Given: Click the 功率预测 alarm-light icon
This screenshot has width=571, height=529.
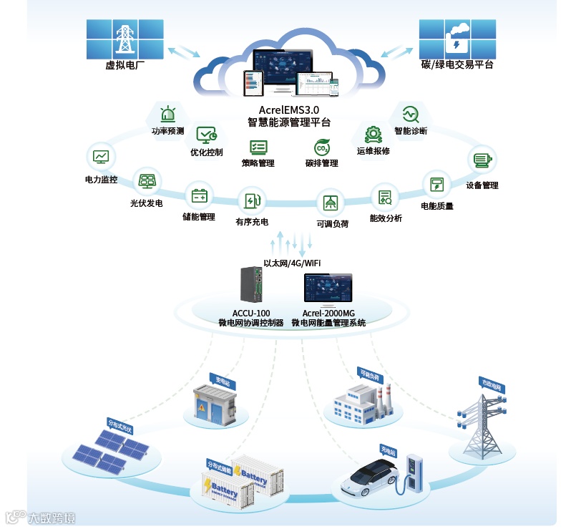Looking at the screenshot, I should [x=168, y=115].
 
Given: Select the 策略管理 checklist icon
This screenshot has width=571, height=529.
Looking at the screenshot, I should [x=258, y=147].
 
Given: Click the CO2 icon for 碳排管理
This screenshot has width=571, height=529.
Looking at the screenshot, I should [x=322, y=147].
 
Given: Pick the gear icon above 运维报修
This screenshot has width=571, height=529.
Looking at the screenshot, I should [x=373, y=134].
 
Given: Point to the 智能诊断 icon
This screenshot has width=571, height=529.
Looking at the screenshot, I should [x=410, y=114].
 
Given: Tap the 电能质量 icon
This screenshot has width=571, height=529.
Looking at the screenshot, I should [x=436, y=184].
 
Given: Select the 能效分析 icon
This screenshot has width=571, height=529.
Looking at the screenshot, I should [x=385, y=196].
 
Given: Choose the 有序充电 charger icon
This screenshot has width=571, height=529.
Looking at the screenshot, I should [x=252, y=201].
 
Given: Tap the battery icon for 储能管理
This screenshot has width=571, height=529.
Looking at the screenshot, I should [x=199, y=195].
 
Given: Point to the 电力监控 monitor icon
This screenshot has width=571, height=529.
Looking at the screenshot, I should [x=101, y=156].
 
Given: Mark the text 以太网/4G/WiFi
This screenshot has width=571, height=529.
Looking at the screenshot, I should [x=292, y=263].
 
